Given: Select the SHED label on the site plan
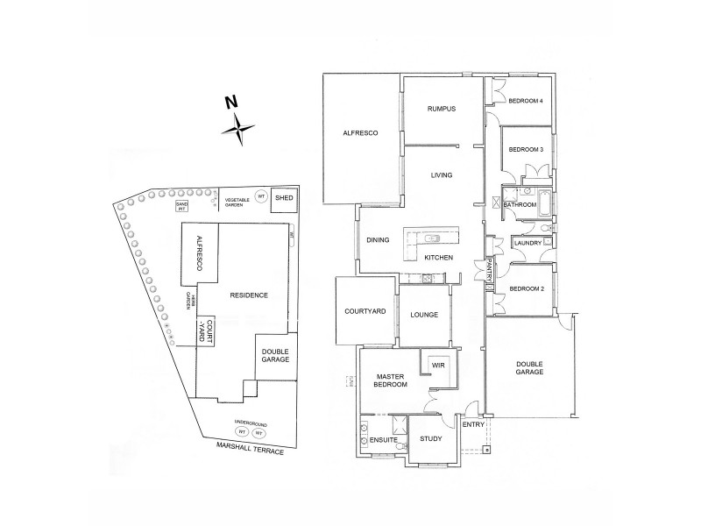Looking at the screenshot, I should click(x=284, y=199).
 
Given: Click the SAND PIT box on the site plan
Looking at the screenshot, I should click(x=183, y=207).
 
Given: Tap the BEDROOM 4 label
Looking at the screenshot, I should click(x=527, y=101).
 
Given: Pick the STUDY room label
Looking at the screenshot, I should click(x=430, y=439).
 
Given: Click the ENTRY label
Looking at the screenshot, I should click(x=473, y=424).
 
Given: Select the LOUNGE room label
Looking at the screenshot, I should click(x=423, y=316).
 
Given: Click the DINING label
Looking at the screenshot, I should click(x=378, y=239).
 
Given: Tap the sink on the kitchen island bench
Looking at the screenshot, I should click(x=432, y=238).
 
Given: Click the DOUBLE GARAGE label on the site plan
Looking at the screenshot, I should click(x=273, y=356).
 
